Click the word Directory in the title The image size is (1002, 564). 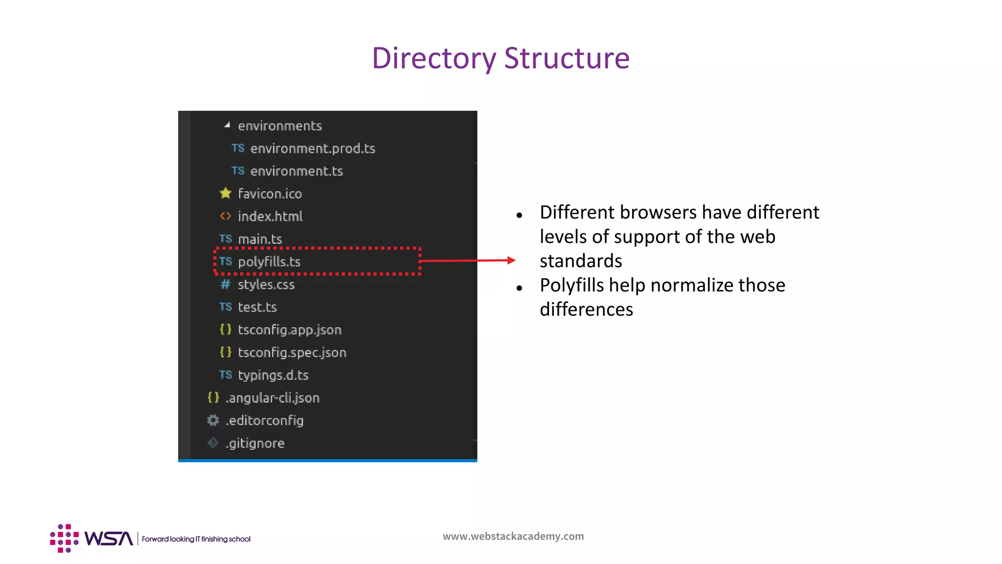tap(434, 58)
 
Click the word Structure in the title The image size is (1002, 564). tap(567, 58)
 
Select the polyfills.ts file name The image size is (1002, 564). tap(269, 262)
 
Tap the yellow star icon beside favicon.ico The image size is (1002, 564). tap(226, 193)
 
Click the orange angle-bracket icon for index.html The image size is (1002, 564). tap(225, 216)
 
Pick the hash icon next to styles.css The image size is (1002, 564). tap(225, 284)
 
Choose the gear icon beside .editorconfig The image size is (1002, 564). tap(213, 420)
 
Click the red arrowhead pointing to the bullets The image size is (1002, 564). tap(511, 260)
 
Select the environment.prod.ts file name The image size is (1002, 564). tap(313, 148)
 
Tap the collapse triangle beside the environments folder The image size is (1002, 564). tap(227, 125)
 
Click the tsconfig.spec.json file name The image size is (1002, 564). tap(292, 352)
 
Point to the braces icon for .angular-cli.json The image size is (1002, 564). tap(213, 398)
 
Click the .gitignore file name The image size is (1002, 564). tap(255, 443)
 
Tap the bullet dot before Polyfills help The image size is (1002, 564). tap(520, 288)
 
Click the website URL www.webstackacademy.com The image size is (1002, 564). tap(513, 536)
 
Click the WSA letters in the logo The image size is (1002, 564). tap(108, 539)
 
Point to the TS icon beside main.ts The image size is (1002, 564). tap(226, 239)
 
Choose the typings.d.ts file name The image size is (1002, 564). tap(273, 375)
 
